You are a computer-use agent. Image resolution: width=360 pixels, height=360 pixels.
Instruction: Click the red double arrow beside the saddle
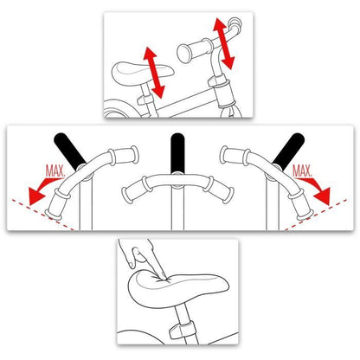pos(154,72)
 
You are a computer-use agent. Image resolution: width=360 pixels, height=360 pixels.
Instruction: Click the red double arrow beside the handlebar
pos(224,43)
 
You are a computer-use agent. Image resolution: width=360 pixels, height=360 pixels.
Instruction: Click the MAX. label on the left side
pos(55,170)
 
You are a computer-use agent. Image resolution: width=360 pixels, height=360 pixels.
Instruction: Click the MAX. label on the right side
pos(302,170)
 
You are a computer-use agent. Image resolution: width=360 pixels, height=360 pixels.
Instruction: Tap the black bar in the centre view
pos(177,153)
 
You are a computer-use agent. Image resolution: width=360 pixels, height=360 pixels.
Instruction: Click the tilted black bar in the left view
pos(69,151)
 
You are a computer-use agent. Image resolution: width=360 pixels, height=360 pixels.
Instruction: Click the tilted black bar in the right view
pos(289,151)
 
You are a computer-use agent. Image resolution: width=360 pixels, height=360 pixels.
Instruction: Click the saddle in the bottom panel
pos(177,288)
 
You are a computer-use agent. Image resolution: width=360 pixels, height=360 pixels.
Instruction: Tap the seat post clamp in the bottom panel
pos(181,331)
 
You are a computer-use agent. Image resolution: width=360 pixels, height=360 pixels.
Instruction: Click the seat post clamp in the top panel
pos(146,100)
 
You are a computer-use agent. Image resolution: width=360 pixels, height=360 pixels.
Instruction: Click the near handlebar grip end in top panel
pos(185,53)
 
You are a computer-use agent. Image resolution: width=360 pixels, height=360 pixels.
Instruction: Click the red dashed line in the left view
pos(42,215)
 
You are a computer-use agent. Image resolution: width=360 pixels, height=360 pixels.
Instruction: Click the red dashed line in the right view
pos(315,215)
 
